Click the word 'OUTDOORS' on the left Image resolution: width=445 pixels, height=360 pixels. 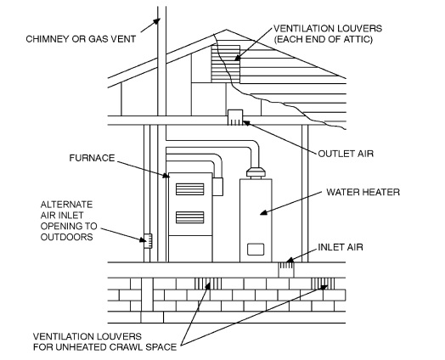tap(69, 237)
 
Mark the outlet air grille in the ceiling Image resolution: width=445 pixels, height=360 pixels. tap(235, 115)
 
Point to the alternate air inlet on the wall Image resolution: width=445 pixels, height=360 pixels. tap(146, 239)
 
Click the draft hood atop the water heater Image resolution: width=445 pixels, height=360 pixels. tap(254, 174)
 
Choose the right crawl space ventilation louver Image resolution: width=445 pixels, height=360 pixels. tap(324, 282)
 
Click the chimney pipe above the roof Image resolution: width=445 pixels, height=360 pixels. tap(161, 34)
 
